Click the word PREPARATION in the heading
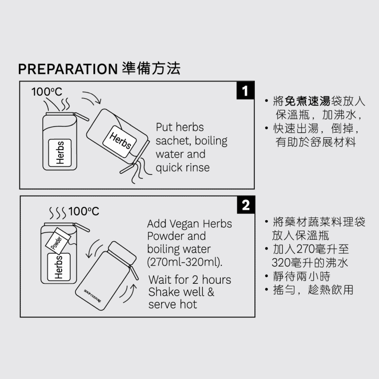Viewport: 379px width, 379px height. pyautogui.click(x=68, y=69)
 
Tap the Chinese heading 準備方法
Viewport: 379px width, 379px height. pyautogui.click(x=151, y=68)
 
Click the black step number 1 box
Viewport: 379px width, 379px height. pyautogui.click(x=245, y=90)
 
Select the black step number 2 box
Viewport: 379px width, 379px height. pyautogui.click(x=246, y=205)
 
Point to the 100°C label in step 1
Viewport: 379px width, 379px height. pyautogui.click(x=46, y=92)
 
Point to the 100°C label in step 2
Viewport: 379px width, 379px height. pyautogui.click(x=84, y=211)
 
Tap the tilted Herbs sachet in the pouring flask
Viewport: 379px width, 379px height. pyautogui.click(x=120, y=141)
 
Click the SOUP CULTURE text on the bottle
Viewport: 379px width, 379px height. pyautogui.click(x=92, y=296)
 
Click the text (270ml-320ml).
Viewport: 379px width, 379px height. pyautogui.click(x=185, y=262)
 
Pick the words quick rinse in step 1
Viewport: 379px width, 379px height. pyautogui.click(x=183, y=168)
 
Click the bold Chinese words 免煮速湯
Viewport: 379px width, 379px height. pyautogui.click(x=307, y=101)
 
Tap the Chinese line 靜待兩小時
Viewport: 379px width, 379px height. pyautogui.click(x=301, y=276)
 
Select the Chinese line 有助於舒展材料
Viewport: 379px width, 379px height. pyautogui.click(x=316, y=142)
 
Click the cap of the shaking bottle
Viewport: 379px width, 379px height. pyautogui.click(x=122, y=253)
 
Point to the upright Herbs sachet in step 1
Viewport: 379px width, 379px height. pyautogui.click(x=60, y=153)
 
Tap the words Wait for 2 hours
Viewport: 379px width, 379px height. pyautogui.click(x=190, y=280)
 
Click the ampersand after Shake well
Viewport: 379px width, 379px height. pyautogui.click(x=211, y=292)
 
